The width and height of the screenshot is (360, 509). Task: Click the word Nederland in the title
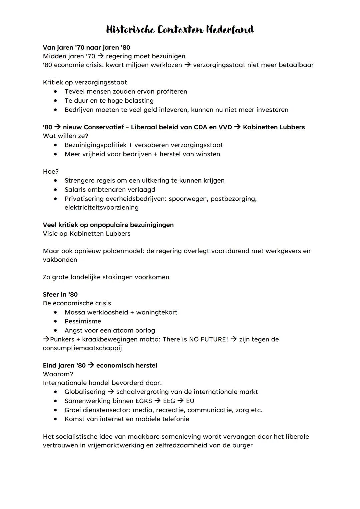point(230,30)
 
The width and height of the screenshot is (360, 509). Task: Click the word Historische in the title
point(130,30)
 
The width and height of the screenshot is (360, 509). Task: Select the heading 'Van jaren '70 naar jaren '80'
point(86,47)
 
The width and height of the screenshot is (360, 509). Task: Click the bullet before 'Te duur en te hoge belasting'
point(56,100)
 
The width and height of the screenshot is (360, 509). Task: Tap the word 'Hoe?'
point(51,171)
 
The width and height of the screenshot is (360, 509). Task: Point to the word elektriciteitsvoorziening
point(101,207)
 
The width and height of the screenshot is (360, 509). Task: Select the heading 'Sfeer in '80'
point(60,294)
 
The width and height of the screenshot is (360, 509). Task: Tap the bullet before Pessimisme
point(56,321)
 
